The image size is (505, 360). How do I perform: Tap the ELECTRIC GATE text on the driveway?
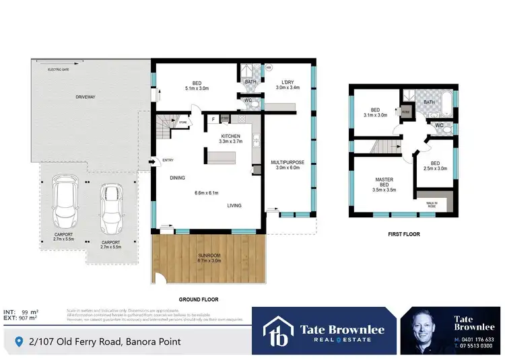pyautogui.click(x=58, y=70)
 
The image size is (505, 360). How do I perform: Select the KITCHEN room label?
pyautogui.click(x=231, y=137)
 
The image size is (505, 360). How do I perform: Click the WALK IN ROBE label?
pyautogui.click(x=432, y=205)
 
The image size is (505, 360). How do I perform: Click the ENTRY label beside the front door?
pyautogui.click(x=168, y=160)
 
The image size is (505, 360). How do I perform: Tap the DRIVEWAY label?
pyautogui.click(x=86, y=98)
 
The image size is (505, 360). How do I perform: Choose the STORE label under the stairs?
pyautogui.click(x=182, y=122)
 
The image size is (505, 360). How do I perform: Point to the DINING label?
pyautogui.click(x=178, y=178)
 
